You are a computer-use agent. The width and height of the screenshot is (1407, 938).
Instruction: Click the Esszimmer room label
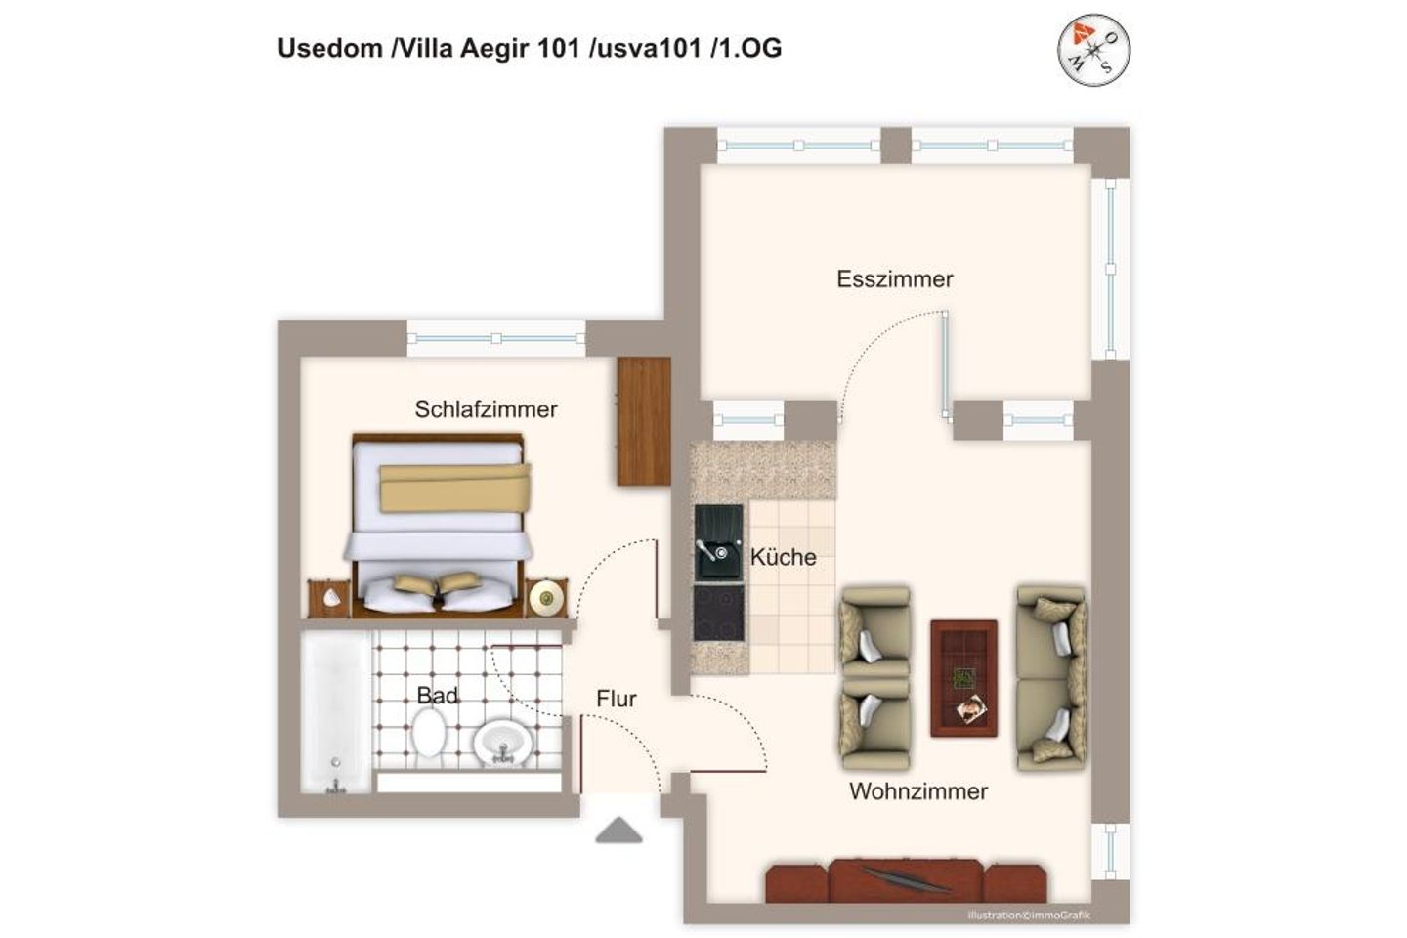tap(894, 279)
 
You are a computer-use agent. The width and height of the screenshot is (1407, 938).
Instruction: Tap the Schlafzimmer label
tap(486, 409)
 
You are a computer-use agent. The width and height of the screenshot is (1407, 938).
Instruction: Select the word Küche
tap(783, 557)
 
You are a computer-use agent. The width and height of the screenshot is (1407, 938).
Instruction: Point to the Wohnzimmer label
tap(917, 791)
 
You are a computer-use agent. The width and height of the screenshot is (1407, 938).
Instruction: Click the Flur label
tap(616, 699)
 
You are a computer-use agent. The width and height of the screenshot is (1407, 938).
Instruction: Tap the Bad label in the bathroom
tap(437, 696)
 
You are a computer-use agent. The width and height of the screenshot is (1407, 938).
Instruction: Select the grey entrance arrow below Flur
tap(618, 831)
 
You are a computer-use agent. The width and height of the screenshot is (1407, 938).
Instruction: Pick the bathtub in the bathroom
tap(335, 711)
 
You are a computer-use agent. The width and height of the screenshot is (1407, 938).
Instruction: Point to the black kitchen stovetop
tap(718, 612)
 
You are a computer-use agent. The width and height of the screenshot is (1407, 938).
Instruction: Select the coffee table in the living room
tap(963, 677)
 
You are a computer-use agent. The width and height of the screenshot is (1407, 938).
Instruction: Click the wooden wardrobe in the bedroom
tap(644, 414)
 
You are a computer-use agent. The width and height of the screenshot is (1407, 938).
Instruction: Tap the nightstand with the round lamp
tap(546, 597)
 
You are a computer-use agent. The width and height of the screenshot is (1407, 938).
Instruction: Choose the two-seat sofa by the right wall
tap(1050, 677)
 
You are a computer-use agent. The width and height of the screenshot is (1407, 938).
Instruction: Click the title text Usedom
tap(329, 49)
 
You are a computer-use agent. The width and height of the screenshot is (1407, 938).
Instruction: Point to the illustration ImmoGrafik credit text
tap(1029, 916)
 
